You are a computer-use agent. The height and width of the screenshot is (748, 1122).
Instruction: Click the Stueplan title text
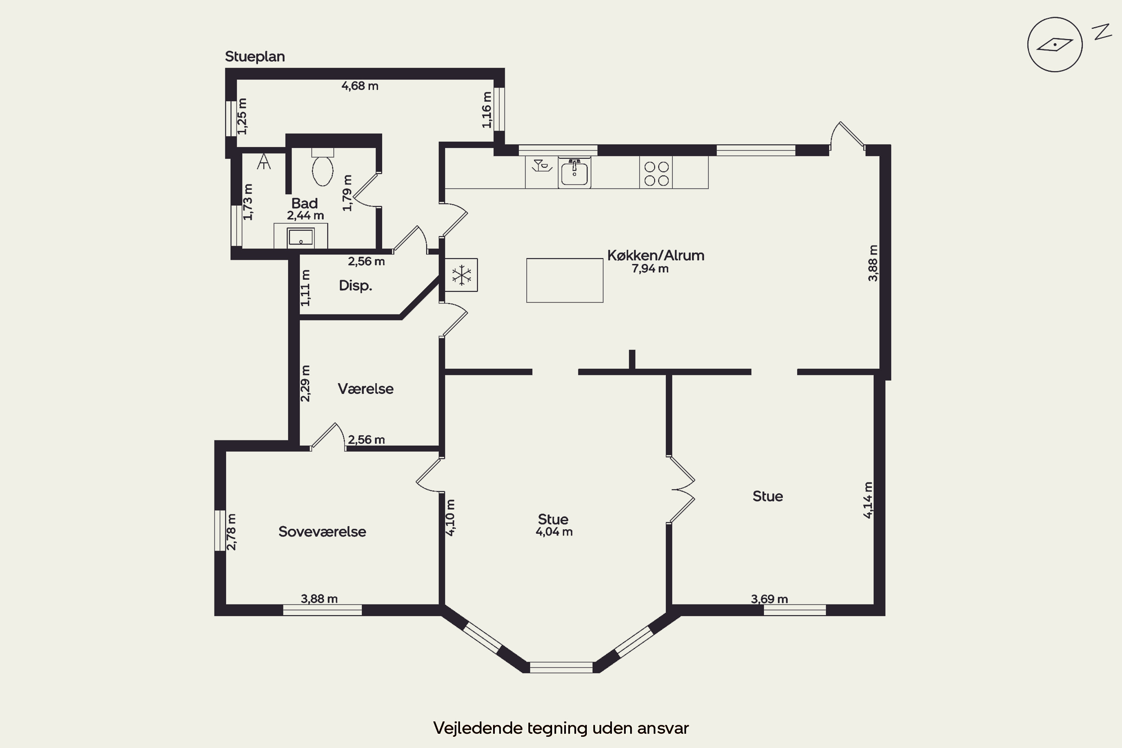255,57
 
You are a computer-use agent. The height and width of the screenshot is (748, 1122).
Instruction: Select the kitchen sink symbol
574,173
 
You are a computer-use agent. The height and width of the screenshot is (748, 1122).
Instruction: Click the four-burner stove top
656,173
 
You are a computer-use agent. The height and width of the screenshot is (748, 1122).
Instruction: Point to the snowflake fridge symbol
461,275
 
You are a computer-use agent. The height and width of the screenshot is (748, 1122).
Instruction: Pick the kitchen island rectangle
565,280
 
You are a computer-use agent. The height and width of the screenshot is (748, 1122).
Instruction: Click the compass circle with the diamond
1055,45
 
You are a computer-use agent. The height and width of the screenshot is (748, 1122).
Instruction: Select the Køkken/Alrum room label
656,255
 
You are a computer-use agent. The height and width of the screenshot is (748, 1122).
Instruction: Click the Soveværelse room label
322,531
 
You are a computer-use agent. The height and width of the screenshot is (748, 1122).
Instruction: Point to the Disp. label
355,285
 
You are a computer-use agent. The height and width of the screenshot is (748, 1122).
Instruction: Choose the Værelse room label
365,389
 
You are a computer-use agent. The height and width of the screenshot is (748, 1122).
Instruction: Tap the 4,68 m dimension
360,86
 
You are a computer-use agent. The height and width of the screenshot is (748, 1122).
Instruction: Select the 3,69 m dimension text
769,599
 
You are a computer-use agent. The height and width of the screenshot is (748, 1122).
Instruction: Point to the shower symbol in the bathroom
264,161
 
